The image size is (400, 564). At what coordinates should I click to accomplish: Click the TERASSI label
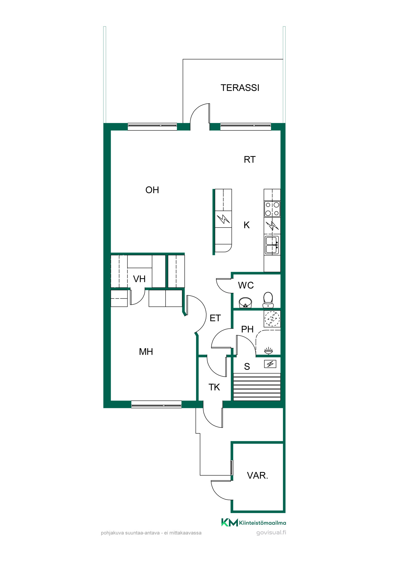[x=240, y=88]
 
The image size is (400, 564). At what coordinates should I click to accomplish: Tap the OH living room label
[x=152, y=190]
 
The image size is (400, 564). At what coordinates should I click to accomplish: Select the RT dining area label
[x=250, y=160]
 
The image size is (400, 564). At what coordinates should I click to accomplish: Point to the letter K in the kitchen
[x=247, y=225]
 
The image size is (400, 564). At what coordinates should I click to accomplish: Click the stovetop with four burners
[x=272, y=209]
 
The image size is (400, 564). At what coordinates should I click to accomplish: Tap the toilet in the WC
[x=268, y=300]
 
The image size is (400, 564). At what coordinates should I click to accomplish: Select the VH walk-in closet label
[x=139, y=279]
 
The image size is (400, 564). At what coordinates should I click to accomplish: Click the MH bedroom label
[x=146, y=352]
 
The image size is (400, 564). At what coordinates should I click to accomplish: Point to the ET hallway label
[x=215, y=318]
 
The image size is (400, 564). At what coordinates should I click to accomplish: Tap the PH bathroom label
[x=247, y=329]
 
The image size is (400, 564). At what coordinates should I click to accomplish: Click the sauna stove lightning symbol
[x=270, y=364]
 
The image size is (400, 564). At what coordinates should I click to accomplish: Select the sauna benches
[x=257, y=387]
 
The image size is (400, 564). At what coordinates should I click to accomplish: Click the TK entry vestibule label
[x=214, y=387]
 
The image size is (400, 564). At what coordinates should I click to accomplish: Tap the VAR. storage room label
[x=258, y=476]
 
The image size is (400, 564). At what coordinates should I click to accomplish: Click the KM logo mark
[x=229, y=522]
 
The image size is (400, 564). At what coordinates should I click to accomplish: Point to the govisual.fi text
[x=271, y=532]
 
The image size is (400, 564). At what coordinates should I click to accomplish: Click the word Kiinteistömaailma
[x=263, y=523]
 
